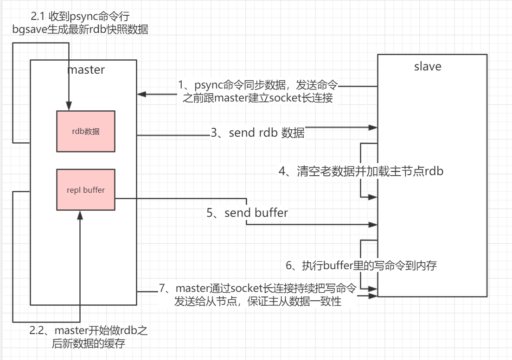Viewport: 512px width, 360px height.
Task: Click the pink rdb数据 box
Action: click(86, 131)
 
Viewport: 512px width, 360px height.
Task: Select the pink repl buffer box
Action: click(86, 190)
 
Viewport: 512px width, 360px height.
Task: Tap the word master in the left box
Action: click(86, 70)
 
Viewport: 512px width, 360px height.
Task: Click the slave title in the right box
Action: click(427, 66)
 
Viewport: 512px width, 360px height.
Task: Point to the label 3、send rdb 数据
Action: click(258, 133)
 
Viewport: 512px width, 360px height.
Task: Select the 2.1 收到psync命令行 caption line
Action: click(80, 18)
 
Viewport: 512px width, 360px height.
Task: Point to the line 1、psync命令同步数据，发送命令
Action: click(258, 85)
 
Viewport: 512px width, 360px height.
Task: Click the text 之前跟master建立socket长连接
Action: click(258, 98)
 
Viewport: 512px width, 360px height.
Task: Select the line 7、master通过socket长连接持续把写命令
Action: click(258, 289)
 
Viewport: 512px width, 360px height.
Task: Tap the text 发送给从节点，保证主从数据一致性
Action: click(258, 301)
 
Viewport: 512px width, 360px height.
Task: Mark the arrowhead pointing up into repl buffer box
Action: click(80, 214)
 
